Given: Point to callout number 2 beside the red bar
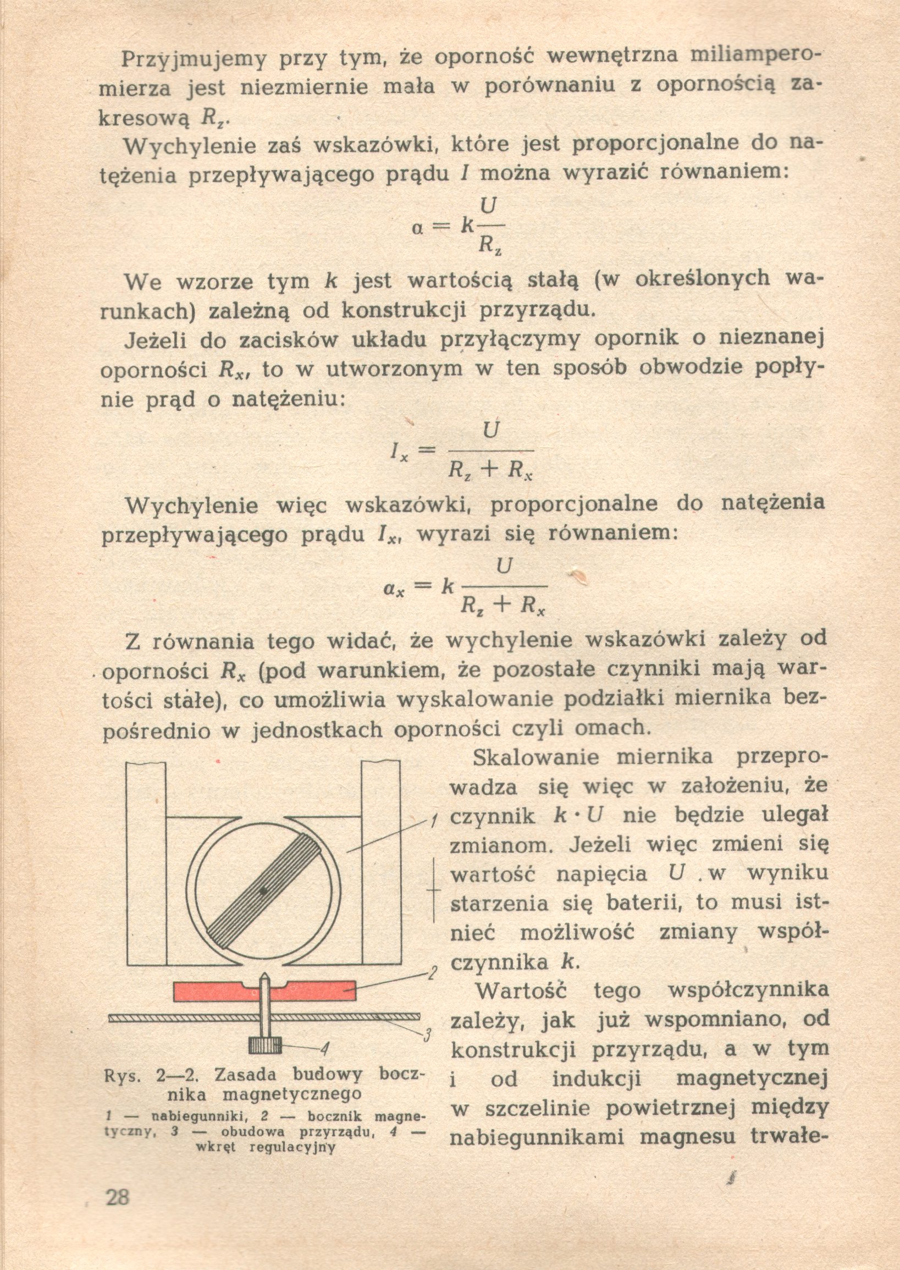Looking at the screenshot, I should pyautogui.click(x=434, y=973).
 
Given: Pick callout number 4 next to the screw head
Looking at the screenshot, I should pyautogui.click(x=325, y=1048).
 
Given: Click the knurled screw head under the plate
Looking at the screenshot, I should pyautogui.click(x=266, y=1046).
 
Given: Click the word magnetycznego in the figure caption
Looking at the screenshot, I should pyautogui.click(x=291, y=1095).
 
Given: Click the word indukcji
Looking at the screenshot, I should pyautogui.click(x=597, y=1079).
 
